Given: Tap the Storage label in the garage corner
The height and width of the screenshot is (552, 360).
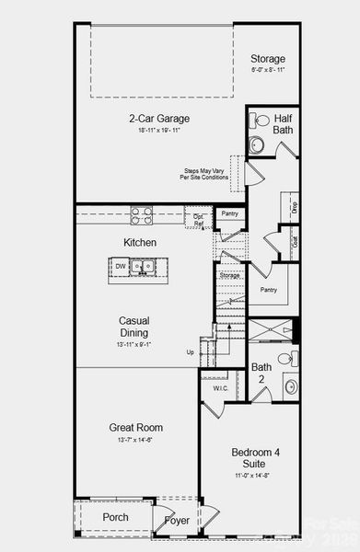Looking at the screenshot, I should pos(268,59).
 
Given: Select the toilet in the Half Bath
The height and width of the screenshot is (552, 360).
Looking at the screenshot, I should pos(260,120).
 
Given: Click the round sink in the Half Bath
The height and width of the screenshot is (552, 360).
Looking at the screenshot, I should pos(256,144).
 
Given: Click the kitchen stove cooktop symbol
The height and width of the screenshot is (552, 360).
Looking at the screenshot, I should pos(142,215).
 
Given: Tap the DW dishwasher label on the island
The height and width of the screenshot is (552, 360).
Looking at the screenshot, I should pos(121,267).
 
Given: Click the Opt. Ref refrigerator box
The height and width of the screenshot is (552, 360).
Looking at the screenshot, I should pos(198,219).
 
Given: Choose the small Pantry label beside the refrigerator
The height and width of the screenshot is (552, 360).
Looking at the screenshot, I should pos(228,213).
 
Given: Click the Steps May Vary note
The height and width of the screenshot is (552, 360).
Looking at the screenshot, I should pos(203,173).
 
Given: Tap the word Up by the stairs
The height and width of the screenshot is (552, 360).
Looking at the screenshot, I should pos(191,352).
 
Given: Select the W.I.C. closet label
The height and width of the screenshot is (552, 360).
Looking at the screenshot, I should pos(220,388).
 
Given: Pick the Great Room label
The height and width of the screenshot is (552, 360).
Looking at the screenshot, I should pos(136,428).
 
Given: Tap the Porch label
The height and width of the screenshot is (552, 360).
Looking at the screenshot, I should pos(115,517).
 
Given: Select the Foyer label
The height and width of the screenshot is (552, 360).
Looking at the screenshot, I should pos(177,521).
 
